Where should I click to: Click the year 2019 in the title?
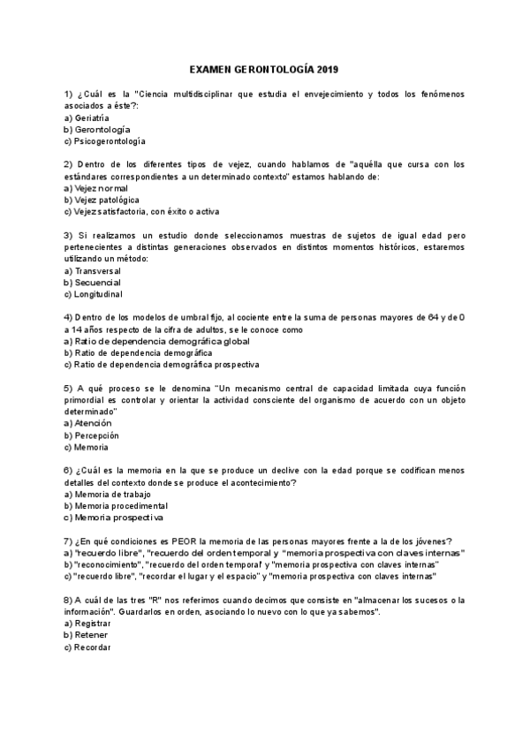pos(327,69)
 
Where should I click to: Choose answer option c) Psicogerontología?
pos(105,140)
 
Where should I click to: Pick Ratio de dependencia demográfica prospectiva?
pos(162,364)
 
